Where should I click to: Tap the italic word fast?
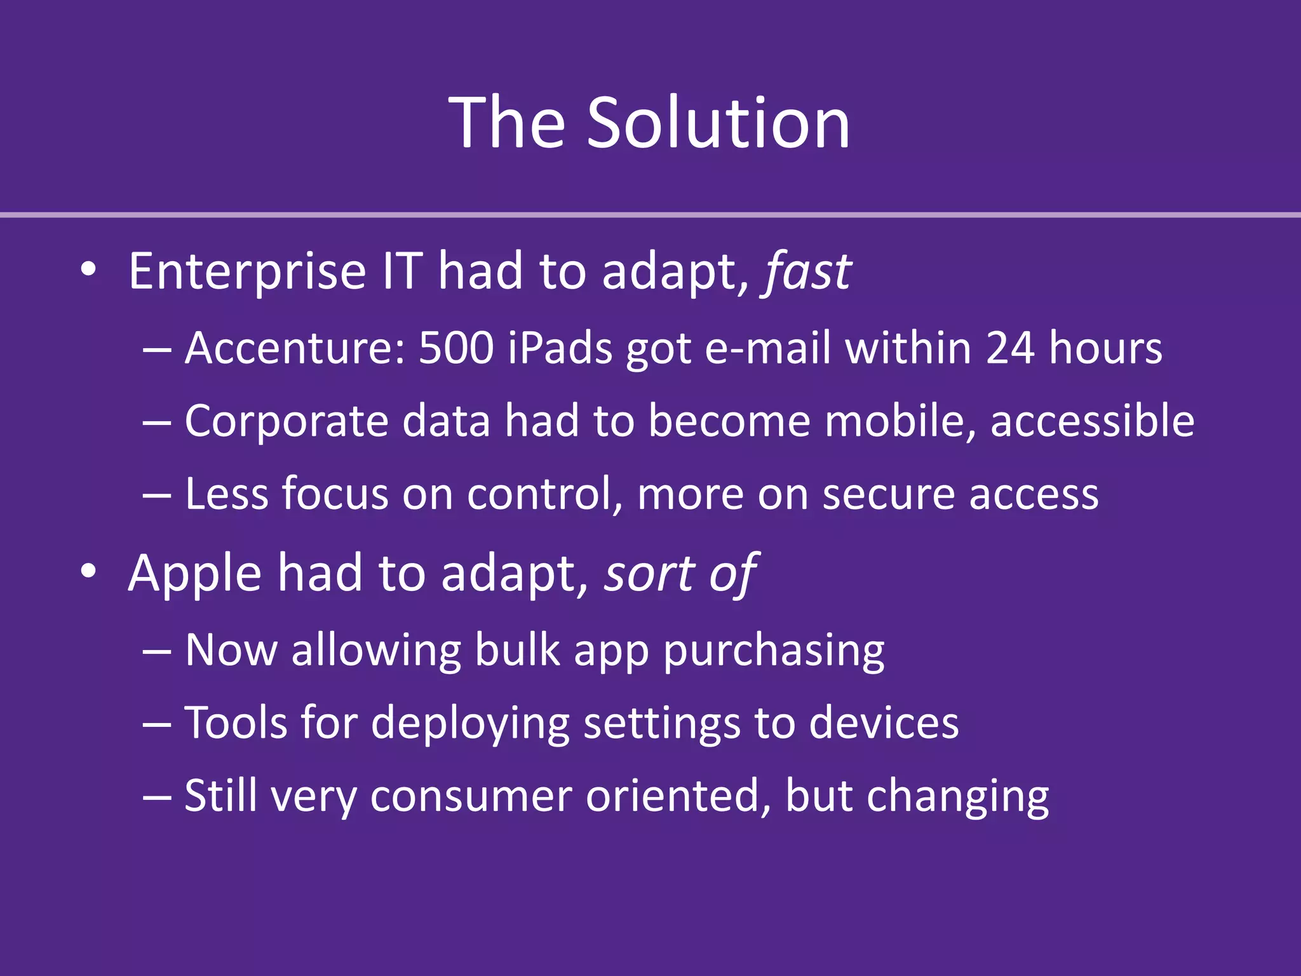(x=807, y=272)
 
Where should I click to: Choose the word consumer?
(x=471, y=796)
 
